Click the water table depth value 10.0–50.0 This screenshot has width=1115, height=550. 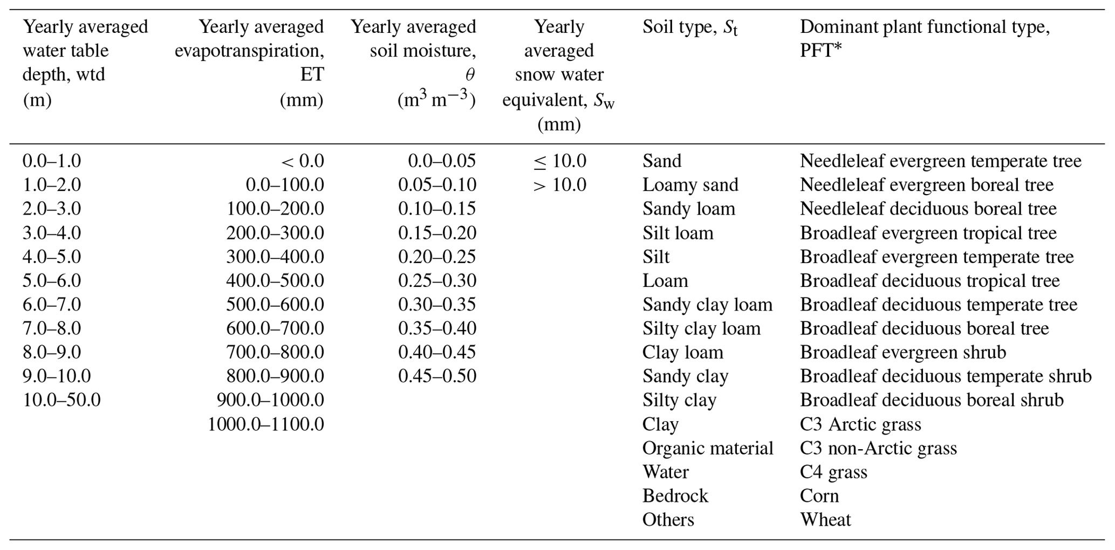point(61,400)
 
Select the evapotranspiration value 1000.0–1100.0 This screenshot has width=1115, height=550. point(266,424)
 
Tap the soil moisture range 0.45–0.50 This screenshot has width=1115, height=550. point(437,376)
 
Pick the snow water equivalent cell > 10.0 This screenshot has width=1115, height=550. point(559,185)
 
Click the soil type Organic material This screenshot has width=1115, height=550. point(708,448)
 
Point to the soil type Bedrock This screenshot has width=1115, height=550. point(675,496)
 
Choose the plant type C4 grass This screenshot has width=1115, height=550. point(833,472)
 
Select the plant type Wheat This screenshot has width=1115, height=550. point(825,520)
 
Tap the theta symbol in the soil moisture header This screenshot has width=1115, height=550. point(470,74)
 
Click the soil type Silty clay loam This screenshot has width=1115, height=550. point(701,328)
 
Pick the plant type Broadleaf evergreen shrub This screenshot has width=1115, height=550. point(903,352)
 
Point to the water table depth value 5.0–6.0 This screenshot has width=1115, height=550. point(52,281)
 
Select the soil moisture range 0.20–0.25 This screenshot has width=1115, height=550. point(437,257)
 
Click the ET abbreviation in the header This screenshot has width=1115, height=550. point(312,74)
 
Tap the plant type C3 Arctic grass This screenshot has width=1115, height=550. point(860,424)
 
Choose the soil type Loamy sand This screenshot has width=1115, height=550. point(690,185)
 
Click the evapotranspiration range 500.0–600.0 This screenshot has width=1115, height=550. point(275,305)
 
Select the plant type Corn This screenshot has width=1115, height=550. point(819,496)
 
